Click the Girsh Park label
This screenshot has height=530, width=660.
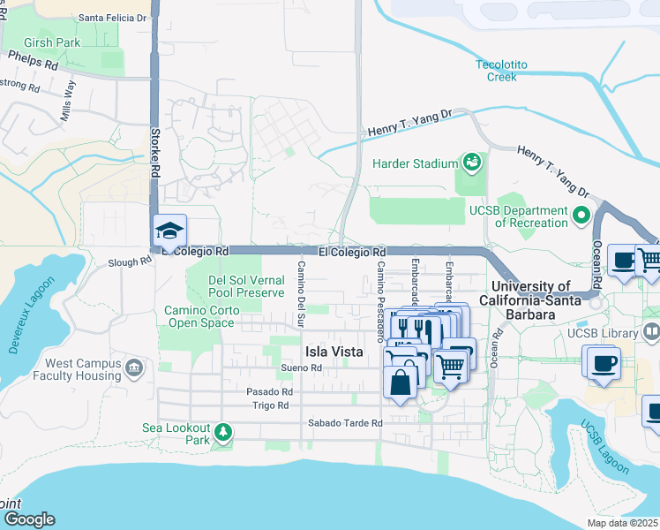pos(53,42)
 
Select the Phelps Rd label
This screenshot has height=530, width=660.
pos(33,60)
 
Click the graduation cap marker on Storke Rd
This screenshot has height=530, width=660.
pos(169,231)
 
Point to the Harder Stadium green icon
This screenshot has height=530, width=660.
pos(471,163)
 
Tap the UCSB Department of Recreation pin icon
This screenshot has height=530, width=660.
pos(581,216)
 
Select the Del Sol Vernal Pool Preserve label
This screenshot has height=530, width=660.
pos(245,286)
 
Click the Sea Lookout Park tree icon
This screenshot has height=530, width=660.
pos(224,432)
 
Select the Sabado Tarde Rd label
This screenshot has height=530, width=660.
pos(345,423)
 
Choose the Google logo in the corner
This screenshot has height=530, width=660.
pos(28,519)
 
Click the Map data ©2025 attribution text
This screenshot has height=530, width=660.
pos(622,523)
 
